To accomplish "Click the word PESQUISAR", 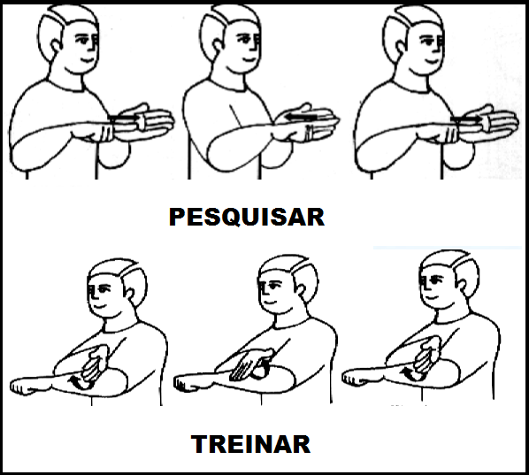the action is pos(247,217).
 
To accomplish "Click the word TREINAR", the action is pos(250,444).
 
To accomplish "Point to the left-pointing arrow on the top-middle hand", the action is pos(301,118).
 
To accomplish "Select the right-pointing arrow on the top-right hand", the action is pos(466,119).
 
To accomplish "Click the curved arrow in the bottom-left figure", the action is pos(76,382).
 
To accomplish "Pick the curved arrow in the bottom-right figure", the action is pos(409,373).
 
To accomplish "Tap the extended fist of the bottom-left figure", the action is pos(24,387).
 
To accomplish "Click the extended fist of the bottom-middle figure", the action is pos(188,384).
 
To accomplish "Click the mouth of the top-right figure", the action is pos(433,62).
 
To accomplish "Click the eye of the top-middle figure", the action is pos(243,39).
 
